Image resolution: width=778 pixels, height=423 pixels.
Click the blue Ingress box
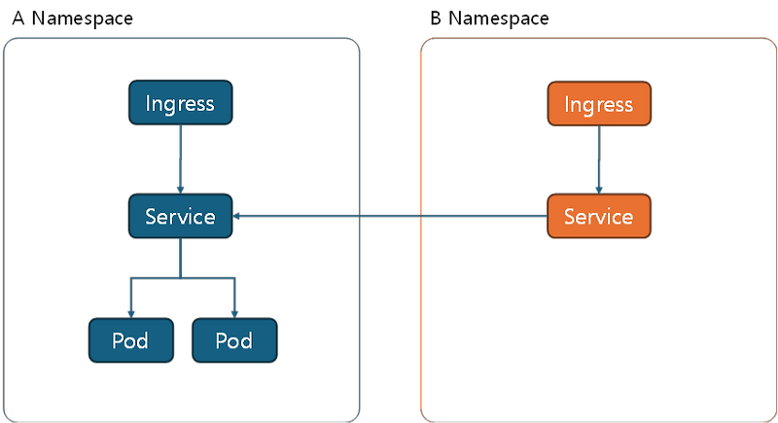point(180,103)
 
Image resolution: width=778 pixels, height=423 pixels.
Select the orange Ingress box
point(599,104)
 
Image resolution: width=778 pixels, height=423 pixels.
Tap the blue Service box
point(180,217)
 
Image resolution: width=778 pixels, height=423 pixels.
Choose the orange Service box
point(599,217)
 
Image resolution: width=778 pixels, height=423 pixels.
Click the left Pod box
point(130,340)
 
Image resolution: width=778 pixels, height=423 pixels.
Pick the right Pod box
point(234,340)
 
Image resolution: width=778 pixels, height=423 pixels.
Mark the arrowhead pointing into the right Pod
point(234,312)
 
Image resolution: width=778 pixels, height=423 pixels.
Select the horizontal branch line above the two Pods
point(182,279)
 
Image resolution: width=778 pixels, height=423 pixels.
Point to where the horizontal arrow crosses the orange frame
point(421,217)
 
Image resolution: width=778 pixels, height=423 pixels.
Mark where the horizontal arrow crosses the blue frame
point(362,217)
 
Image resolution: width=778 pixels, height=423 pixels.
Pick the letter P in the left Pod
point(118,340)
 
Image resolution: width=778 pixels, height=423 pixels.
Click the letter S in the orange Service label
point(570,217)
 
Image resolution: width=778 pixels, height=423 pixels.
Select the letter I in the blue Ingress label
point(148,103)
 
